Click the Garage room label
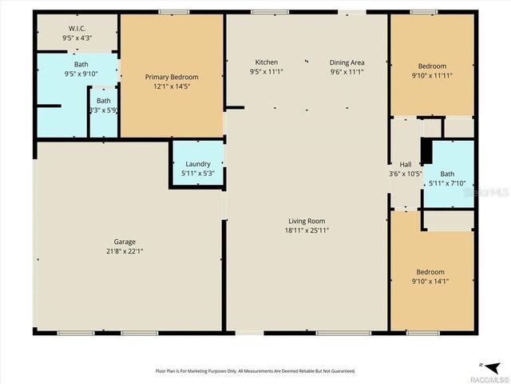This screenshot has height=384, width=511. tap(124, 242)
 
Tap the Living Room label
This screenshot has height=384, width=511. tap(307, 221)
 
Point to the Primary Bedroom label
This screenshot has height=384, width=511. tap(172, 77)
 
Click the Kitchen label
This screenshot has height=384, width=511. tap(266, 62)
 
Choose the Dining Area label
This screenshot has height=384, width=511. tap(347, 62)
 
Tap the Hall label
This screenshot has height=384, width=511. tap(405, 164)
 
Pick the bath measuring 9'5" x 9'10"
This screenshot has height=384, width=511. tap(81, 64)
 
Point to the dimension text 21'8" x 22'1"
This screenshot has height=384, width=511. tap(124, 250)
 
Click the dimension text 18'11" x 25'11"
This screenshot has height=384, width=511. tap(307, 230)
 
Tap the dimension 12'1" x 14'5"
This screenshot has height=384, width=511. tap(172, 86)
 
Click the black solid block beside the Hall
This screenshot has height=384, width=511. tap(426, 151)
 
